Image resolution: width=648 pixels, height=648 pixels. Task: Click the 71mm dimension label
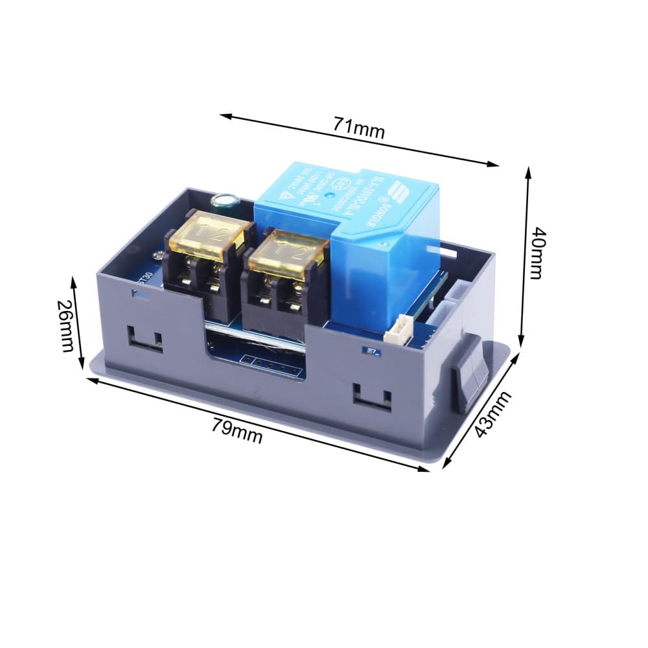pos(359,127)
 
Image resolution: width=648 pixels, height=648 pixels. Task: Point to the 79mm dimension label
pos(237,430)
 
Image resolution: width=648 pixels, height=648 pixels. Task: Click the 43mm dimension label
pos(492,415)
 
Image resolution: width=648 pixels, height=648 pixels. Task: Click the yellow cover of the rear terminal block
pos(209,235)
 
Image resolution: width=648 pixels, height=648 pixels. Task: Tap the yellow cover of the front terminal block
pos(286,253)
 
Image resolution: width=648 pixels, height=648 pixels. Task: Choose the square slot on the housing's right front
pos(372,396)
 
